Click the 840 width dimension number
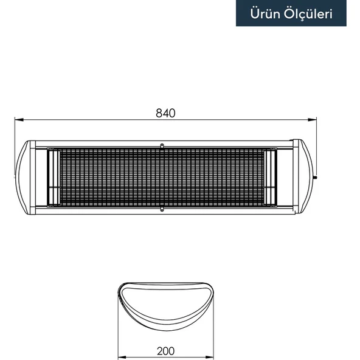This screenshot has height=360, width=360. pyautogui.click(x=165, y=113)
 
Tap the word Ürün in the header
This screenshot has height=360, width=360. pyautogui.click(x=265, y=13)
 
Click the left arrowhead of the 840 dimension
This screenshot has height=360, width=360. pyautogui.click(x=18, y=120)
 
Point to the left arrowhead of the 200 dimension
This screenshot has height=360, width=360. pyautogui.click(x=120, y=357)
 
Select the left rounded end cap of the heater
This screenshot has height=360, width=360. pyautogui.click(x=24, y=177)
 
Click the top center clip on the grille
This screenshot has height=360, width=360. pyautogui.click(x=162, y=145)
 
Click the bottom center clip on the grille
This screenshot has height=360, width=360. pyautogui.click(x=162, y=210)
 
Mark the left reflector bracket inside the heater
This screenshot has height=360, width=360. pyautogui.click(x=53, y=177)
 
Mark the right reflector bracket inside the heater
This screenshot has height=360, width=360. pyautogui.click(x=271, y=177)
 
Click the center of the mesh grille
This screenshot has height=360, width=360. pyautogui.click(x=162, y=177)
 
